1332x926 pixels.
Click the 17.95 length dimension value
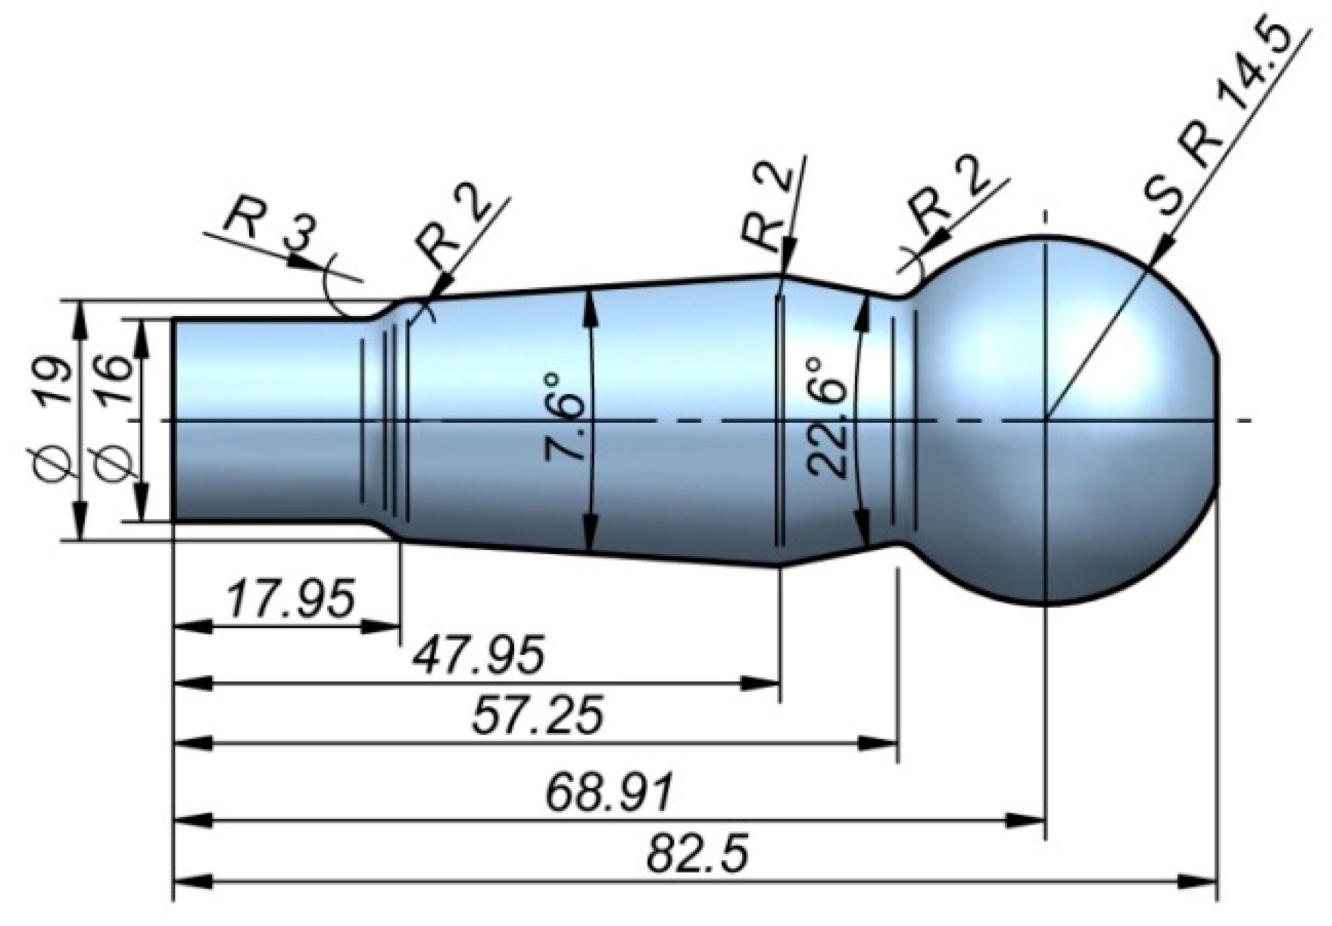(x=291, y=599)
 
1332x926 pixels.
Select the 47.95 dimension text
(x=479, y=655)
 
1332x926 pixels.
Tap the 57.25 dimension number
(x=538, y=715)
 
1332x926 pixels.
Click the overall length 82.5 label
(x=697, y=854)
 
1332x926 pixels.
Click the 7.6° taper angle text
(x=565, y=417)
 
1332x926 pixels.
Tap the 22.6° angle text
(x=826, y=416)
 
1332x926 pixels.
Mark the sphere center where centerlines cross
(x=1046, y=419)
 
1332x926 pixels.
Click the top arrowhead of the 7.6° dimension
(x=590, y=307)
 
